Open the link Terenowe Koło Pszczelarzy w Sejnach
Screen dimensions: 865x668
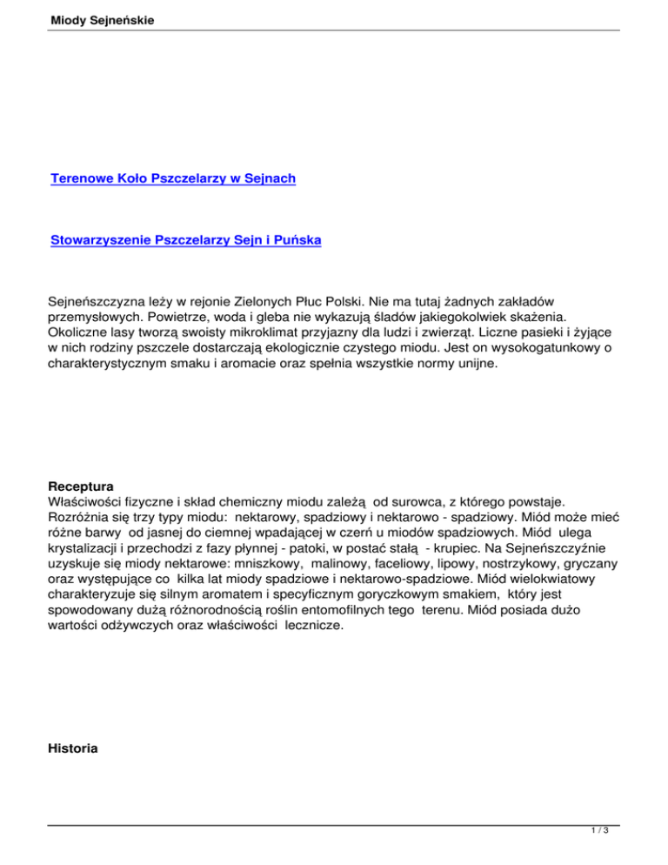pyautogui.click(x=173, y=178)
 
